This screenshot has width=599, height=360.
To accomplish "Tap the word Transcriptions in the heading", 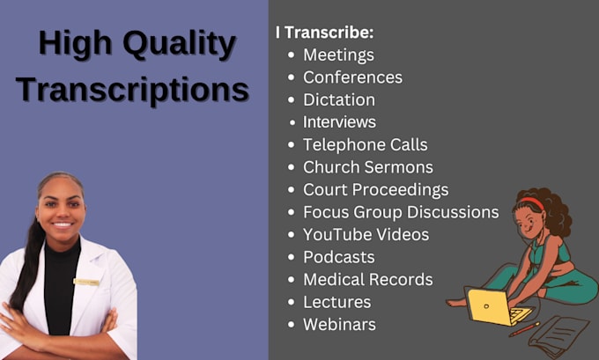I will tap(132, 90).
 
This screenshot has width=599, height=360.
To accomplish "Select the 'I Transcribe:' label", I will tap(324, 33).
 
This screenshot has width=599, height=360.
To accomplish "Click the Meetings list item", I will tap(338, 55).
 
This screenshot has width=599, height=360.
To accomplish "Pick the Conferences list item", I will tap(352, 77).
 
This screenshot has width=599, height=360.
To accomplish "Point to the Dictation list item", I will tap(339, 99).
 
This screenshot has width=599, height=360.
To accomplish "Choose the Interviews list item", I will tap(339, 121).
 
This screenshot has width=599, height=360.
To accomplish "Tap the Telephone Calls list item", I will tap(365, 144).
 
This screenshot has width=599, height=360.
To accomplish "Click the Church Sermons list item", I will tap(367, 166).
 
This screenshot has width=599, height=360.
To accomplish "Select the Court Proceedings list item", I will tap(375, 189).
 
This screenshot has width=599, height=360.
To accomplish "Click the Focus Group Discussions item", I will tap(401, 212).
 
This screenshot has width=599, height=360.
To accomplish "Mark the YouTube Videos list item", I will tap(366, 234).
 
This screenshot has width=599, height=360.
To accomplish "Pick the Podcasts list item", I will tap(338, 257).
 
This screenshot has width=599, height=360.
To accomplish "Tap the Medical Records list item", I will tap(367, 279).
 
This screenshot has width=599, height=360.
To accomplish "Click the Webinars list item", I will tap(339, 324).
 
